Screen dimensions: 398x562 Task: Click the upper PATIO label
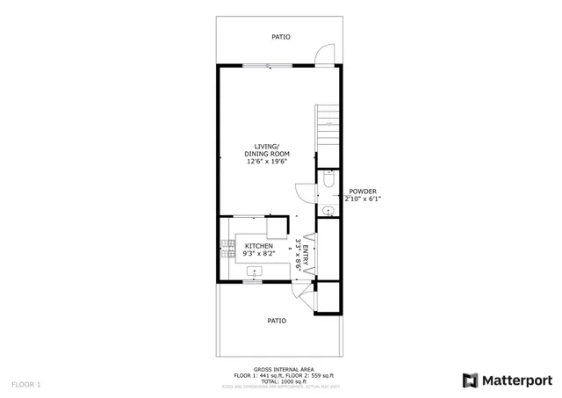click(x=280, y=37)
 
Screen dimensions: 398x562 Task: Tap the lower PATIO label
click(x=277, y=321)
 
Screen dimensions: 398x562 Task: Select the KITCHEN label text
click(x=258, y=246)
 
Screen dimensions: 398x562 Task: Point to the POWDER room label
click(x=363, y=192)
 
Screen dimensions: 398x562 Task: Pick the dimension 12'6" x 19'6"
click(x=267, y=162)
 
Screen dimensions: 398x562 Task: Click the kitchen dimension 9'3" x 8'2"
click(x=258, y=254)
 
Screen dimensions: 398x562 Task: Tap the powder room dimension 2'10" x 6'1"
click(x=363, y=199)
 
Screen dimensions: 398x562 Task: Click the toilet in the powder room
click(x=328, y=179)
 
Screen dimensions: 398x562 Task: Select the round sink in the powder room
click(x=327, y=210)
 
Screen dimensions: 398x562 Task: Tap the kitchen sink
click(x=255, y=271)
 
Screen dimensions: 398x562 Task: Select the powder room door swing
click(x=304, y=192)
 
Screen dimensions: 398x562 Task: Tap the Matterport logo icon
click(x=470, y=380)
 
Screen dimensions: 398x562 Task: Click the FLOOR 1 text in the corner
click(x=25, y=384)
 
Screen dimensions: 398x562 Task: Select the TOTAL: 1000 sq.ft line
click(x=280, y=380)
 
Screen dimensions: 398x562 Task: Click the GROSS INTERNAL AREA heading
click(x=280, y=370)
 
